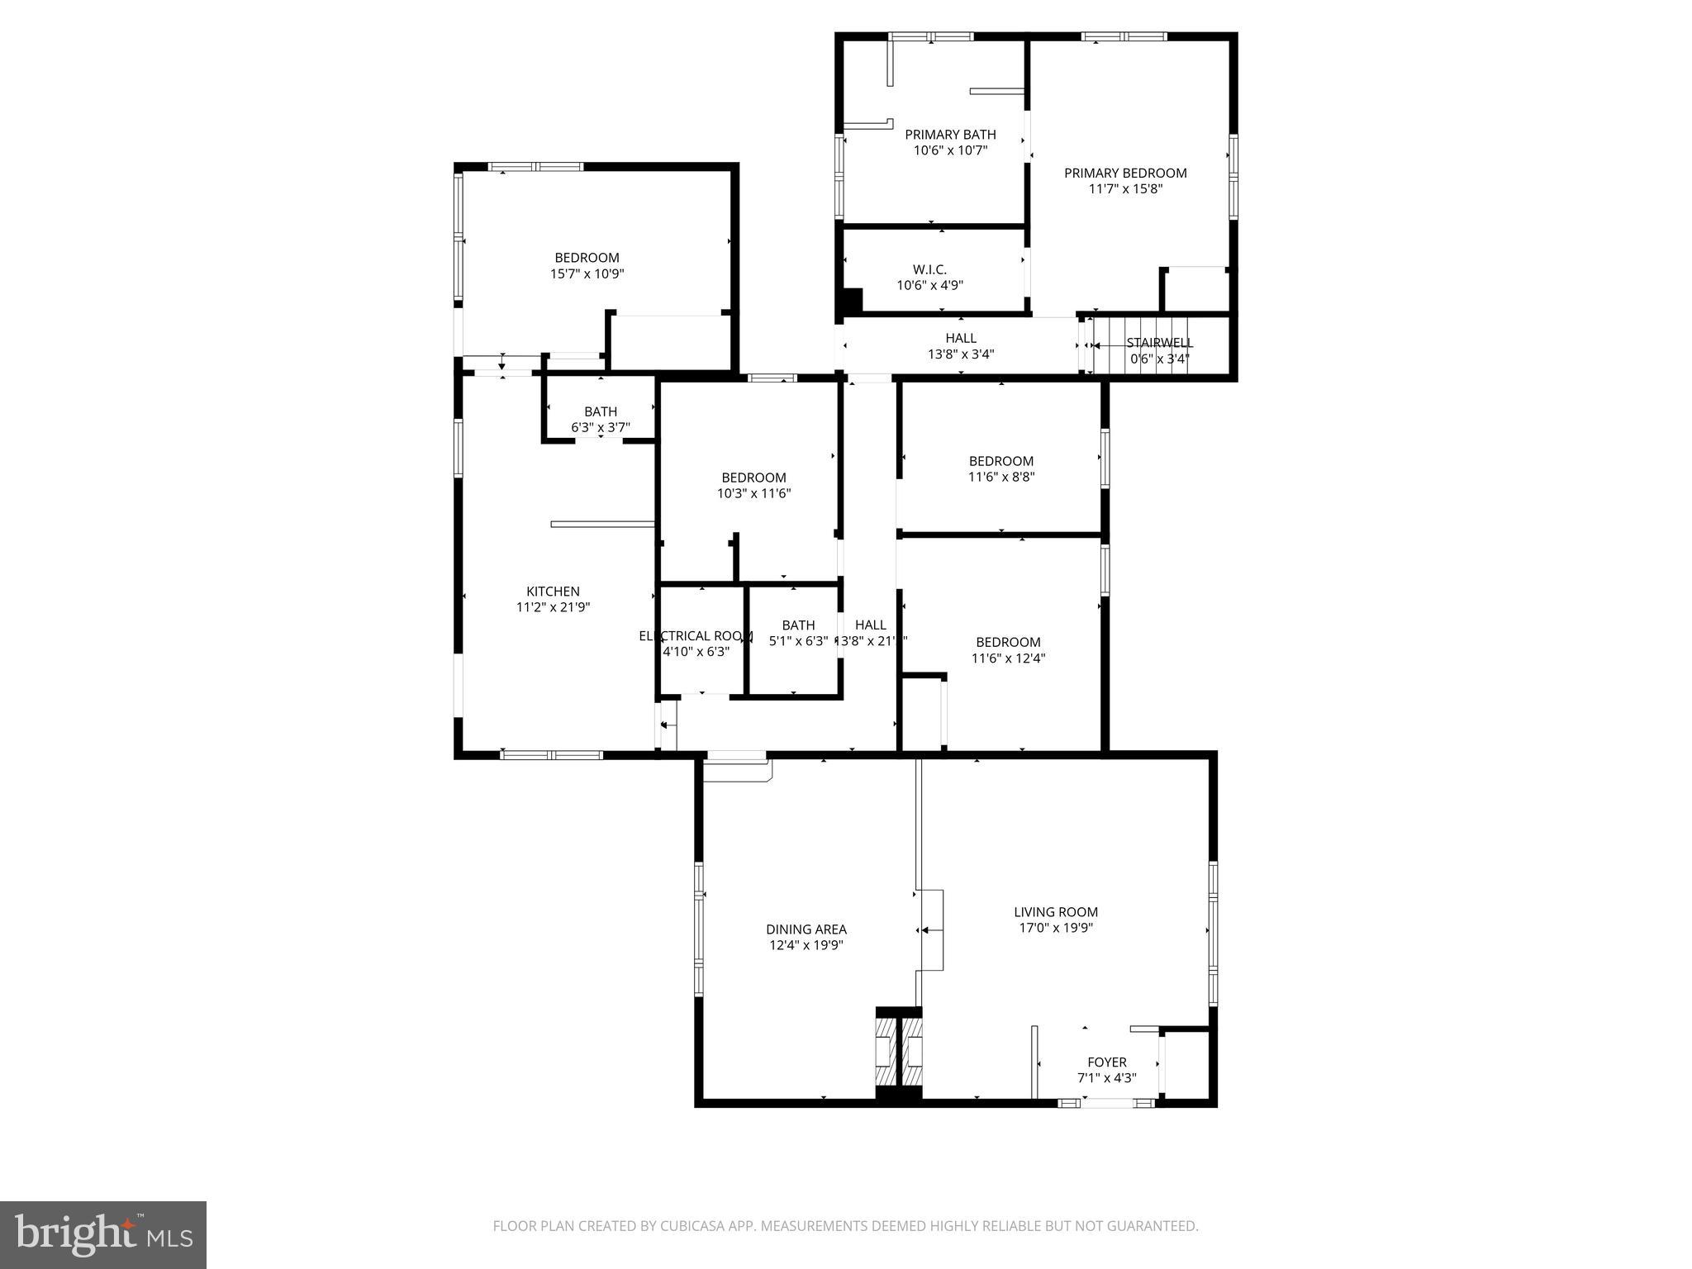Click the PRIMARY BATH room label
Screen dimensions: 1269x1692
950,135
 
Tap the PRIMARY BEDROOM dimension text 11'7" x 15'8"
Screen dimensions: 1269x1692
1125,189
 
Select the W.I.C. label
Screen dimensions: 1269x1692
929,270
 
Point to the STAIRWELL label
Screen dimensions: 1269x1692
1159,343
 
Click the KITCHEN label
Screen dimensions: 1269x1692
553,592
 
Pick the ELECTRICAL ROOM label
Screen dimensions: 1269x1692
696,636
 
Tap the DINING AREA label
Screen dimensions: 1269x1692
806,929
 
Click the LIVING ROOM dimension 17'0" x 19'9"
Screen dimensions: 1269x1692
1055,928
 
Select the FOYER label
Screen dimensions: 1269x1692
1106,1062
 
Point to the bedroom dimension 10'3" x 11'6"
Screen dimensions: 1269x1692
753,494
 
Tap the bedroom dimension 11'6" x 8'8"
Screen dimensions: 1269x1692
1001,477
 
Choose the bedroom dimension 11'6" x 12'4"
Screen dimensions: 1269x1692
1008,658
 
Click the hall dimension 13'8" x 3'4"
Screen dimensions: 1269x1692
960,354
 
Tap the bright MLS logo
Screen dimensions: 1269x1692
103,1234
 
